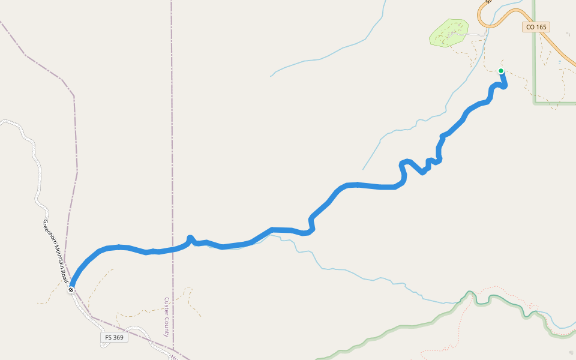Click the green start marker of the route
pos(501,71)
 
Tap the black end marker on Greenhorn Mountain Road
pos(71,290)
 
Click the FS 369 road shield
pos(114,338)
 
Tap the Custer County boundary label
pos(167,317)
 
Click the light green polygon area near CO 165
pos(449,32)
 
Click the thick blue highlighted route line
pos(360,185)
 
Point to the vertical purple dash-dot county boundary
pos(171,120)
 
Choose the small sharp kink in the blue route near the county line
pos(190,238)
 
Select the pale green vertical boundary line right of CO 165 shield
pos(533,66)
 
